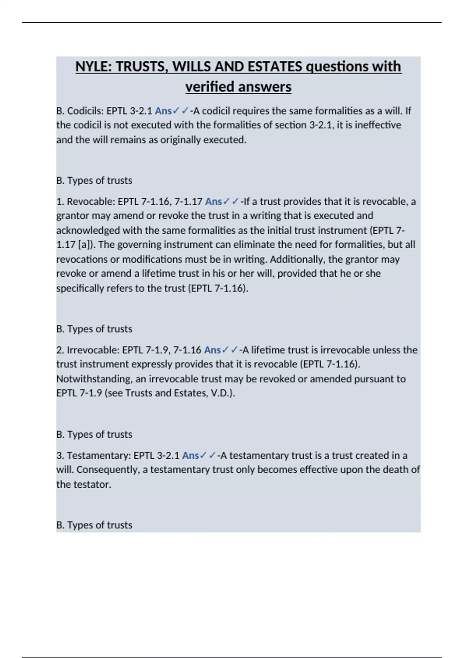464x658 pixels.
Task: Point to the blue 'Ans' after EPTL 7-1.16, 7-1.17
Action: coord(213,202)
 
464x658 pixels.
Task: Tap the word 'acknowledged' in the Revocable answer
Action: coord(88,231)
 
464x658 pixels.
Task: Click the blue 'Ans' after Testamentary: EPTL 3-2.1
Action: coord(191,456)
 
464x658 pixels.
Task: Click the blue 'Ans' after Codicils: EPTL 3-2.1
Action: coord(163,111)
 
